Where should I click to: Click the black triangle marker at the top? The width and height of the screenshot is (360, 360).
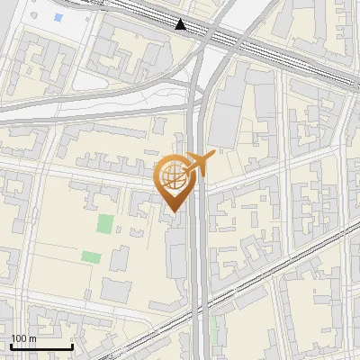(181, 24)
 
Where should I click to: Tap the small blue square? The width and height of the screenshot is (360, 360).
(58, 17)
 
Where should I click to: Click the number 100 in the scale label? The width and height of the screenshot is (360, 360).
(18, 338)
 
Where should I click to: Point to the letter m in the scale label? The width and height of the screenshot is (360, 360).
(32, 338)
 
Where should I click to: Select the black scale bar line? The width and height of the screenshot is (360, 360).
(41, 346)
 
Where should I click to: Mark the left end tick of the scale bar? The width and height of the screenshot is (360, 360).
(11, 345)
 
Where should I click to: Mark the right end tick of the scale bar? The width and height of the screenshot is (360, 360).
(72, 345)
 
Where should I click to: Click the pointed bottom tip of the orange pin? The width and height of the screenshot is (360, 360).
(173, 211)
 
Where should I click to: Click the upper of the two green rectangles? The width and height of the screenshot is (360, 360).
(105, 223)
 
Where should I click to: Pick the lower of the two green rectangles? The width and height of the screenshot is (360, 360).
(91, 256)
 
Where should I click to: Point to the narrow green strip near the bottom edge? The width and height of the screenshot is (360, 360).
(215, 329)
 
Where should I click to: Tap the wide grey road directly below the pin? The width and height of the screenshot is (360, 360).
(199, 270)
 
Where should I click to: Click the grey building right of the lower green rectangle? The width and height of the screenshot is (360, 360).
(121, 259)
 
